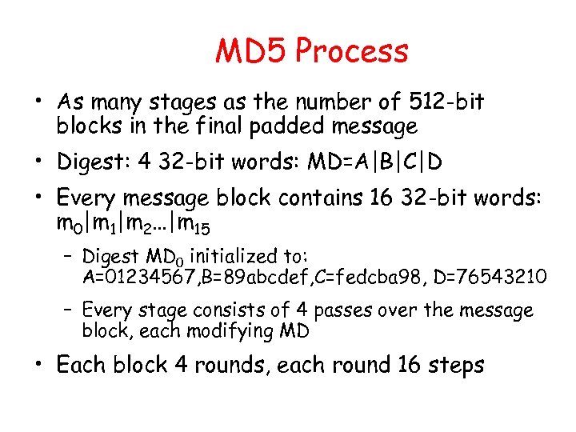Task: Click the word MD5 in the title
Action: coord(251,51)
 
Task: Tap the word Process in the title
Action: coord(351,51)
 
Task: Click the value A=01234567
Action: coord(132,278)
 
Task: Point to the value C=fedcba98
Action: coord(353,278)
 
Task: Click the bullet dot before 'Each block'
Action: coord(38,366)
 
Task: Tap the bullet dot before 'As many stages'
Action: coord(38,102)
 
